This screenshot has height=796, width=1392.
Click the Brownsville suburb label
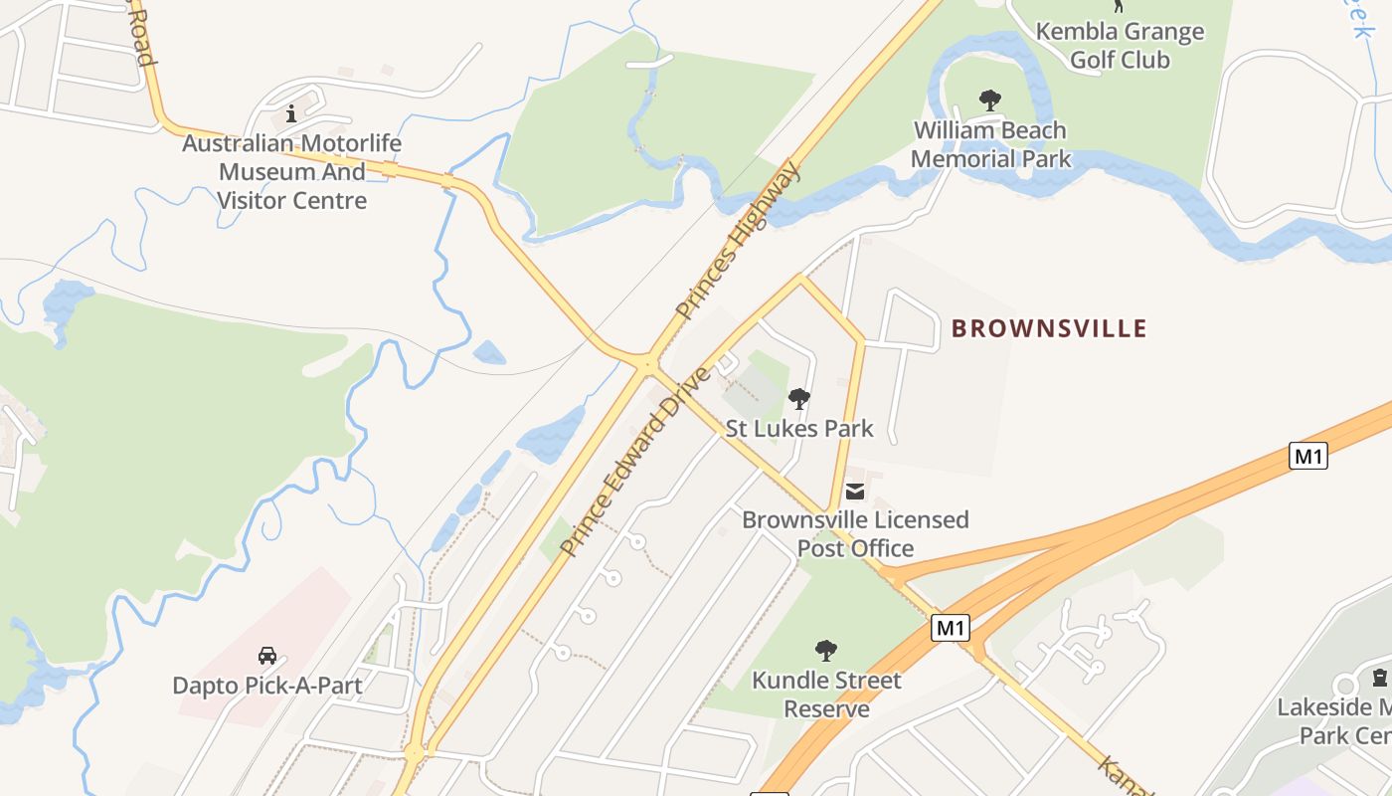pos(1049,328)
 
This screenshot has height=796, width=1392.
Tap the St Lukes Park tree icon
pos(798,400)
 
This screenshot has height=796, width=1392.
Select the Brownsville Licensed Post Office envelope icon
pos(855,491)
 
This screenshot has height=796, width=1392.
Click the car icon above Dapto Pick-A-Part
pos(267,656)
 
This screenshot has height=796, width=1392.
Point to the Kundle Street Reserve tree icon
pos(825,651)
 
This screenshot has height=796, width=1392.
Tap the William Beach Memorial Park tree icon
pos(989,99)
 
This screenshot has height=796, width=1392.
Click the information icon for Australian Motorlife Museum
pos(291,113)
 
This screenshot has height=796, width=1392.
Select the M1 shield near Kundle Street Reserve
pos(951,628)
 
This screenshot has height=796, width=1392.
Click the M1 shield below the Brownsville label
pos(1308,456)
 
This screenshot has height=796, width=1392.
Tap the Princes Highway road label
pos(737,241)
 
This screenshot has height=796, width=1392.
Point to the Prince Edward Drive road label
pos(636,461)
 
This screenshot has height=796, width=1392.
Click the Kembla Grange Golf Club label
pos(1120,46)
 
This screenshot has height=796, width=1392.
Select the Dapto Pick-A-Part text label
pos(266,686)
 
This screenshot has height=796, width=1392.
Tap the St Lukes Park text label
pos(799,429)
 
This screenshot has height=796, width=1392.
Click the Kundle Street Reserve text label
pos(826,695)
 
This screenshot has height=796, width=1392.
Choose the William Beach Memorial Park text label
pos(990,144)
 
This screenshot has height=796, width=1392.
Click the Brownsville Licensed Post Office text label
pos(855,533)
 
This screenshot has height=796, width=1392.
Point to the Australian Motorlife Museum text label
pos(292,171)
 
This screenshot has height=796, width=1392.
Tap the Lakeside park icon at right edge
pos(1379,679)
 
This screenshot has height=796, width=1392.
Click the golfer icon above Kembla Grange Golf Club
pos(1119,5)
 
